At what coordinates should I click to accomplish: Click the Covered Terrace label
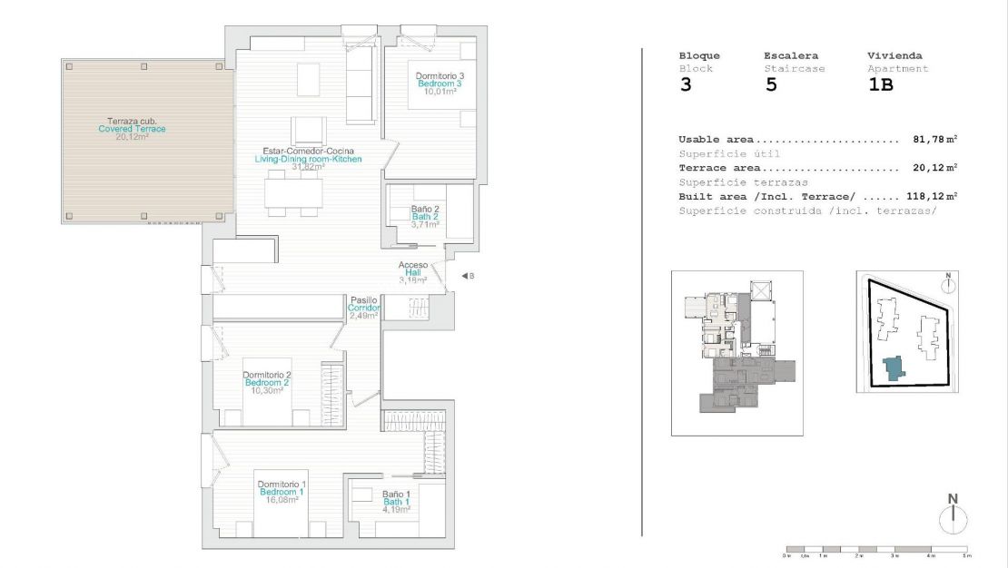point(132,129)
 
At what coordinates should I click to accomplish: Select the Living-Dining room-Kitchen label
point(308,159)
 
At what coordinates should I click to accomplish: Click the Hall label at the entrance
point(413,273)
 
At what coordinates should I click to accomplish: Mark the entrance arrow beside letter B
point(463,276)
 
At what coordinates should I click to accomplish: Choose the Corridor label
point(364,308)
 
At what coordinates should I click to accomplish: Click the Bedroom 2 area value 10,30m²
point(266,391)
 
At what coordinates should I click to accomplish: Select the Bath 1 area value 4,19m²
point(396,510)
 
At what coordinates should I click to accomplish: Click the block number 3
point(686,86)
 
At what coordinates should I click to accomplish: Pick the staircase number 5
point(770,86)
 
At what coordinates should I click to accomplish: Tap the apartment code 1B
point(881,86)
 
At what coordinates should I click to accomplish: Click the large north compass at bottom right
point(953,519)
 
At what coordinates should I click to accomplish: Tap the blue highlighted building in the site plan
point(894,367)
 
